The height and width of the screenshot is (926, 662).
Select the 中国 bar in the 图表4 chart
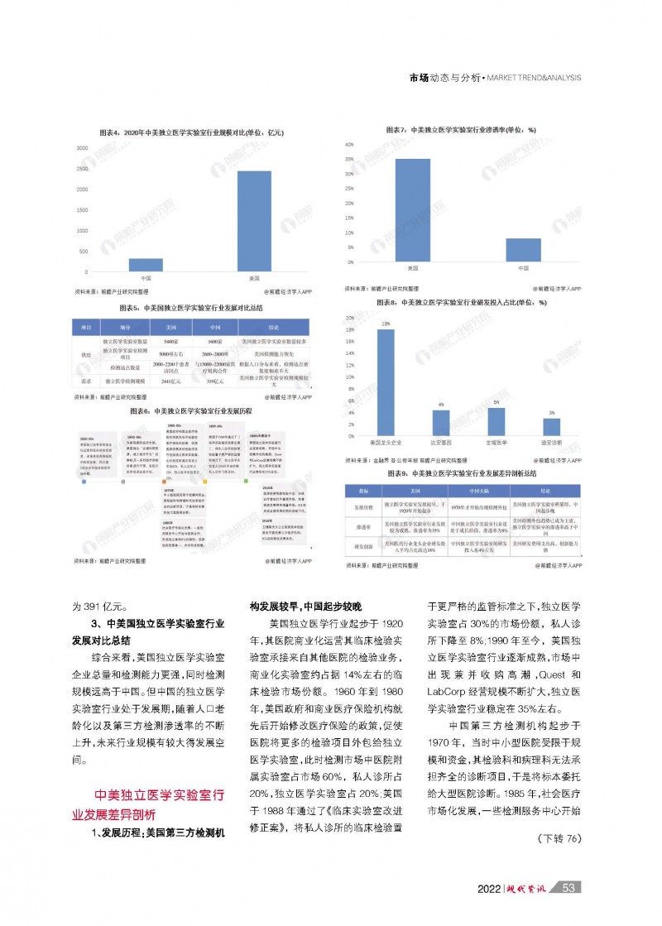coord(146,265)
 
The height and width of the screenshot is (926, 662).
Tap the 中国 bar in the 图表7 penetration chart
coord(523,250)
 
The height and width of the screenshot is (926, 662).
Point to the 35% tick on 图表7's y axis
coord(350,159)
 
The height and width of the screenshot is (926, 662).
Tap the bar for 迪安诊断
coord(552,427)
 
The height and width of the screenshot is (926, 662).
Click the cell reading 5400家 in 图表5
coord(171,341)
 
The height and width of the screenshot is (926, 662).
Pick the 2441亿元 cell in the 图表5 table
coord(171,381)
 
